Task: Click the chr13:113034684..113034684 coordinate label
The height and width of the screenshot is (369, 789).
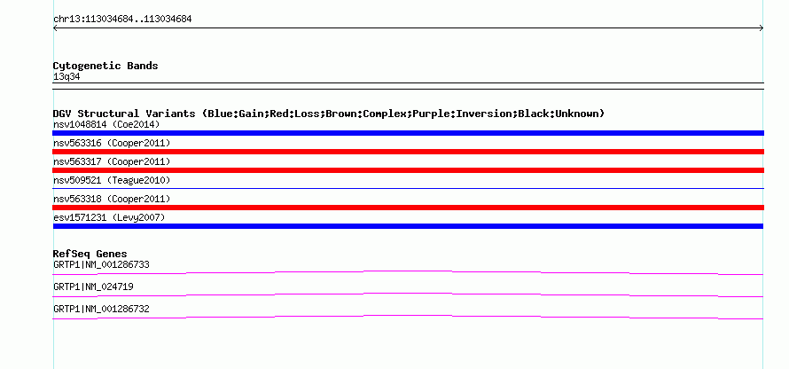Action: coord(122,20)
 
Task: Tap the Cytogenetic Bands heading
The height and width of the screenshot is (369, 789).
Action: coord(105,66)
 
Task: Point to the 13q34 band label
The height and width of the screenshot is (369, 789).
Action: coord(66,77)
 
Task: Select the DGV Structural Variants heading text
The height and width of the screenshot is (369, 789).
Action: coord(329,114)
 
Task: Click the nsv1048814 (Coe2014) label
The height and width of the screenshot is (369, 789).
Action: coord(106,124)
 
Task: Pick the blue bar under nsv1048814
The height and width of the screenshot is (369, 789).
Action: coord(408,133)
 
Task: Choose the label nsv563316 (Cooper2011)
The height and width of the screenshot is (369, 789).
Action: coord(112,144)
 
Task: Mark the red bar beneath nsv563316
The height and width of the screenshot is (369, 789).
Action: coord(408,152)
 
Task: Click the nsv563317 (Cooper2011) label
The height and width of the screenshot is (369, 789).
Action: coord(112,162)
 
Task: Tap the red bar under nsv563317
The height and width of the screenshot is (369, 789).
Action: coord(408,170)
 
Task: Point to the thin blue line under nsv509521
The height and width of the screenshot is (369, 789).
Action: coord(408,189)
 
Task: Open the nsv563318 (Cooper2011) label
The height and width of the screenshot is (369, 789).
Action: coord(112,200)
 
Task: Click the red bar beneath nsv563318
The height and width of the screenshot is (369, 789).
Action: coord(408,208)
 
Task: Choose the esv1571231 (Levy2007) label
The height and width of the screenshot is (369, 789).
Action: coord(109,217)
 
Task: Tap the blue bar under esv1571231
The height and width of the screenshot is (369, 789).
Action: coord(408,226)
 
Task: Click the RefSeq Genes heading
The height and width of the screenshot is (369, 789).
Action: coord(90,255)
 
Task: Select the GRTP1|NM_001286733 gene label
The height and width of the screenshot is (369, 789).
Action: coord(101,265)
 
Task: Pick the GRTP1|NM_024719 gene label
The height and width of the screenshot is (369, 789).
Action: coord(93,287)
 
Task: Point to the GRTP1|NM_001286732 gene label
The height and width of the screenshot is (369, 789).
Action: coord(101,309)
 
